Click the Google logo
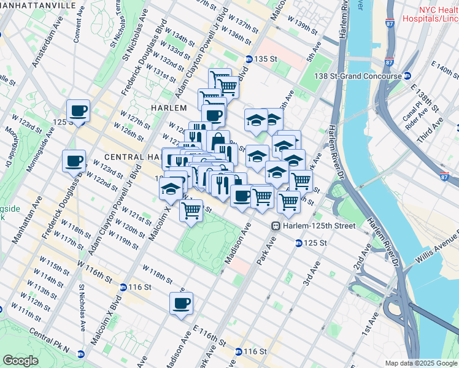pyautogui.click(x=20, y=361)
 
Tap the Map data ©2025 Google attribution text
pyautogui.click(x=421, y=363)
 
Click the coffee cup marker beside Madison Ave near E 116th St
pyautogui.click(x=181, y=303)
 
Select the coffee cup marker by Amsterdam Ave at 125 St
pyautogui.click(x=78, y=111)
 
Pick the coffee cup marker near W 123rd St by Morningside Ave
pyautogui.click(x=74, y=161)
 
